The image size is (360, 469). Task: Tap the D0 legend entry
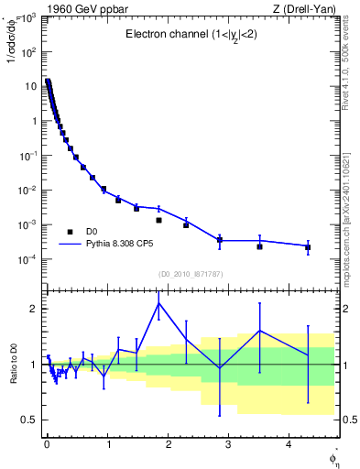point(92,232)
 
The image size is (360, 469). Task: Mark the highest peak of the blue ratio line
point(159,303)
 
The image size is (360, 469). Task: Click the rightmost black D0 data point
point(308,247)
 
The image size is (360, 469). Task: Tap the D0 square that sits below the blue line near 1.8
point(158,220)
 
